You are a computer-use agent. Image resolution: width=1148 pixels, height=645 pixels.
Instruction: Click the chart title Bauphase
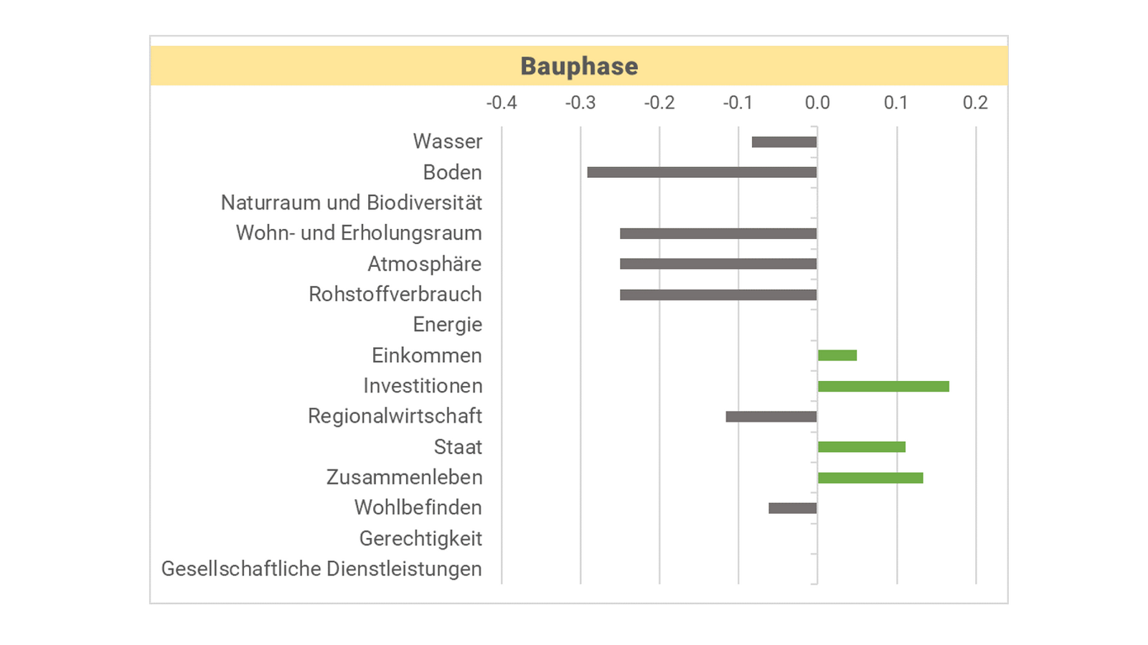[579, 66]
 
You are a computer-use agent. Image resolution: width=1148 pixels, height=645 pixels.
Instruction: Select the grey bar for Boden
[702, 172]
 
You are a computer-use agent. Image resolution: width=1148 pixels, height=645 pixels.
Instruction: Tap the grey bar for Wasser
[784, 142]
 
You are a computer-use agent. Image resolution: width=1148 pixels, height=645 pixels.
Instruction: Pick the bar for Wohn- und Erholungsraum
[718, 233]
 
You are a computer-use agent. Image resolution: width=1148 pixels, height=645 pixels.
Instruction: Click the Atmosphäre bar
[718, 264]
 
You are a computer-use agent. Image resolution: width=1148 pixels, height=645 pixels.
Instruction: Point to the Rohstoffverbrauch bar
[718, 295]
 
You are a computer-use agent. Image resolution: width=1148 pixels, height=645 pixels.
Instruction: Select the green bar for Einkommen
[837, 355]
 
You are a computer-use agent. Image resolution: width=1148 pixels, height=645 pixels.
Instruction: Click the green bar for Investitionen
[883, 387]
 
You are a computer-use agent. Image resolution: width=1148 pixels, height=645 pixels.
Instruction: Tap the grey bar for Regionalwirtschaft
[771, 417]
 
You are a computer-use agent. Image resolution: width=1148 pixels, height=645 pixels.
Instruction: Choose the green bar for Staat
[862, 447]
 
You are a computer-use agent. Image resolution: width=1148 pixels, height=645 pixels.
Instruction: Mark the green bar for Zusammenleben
[870, 478]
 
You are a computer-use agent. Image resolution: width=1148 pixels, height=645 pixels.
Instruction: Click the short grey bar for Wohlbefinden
[793, 508]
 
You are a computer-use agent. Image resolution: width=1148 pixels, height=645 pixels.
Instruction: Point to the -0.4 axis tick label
[502, 103]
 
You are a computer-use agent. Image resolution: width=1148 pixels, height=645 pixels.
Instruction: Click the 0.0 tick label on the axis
[817, 103]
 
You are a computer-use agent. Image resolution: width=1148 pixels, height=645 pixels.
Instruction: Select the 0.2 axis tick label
[975, 103]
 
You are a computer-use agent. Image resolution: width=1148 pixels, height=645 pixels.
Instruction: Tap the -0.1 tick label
[738, 103]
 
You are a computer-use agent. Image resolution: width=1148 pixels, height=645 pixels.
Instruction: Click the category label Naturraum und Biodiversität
[352, 203]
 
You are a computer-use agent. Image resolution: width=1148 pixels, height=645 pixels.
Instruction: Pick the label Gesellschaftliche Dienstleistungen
[321, 569]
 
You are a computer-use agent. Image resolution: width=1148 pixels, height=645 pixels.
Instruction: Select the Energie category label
[448, 325]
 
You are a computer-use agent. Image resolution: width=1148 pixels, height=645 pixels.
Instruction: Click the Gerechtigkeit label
[420, 539]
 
